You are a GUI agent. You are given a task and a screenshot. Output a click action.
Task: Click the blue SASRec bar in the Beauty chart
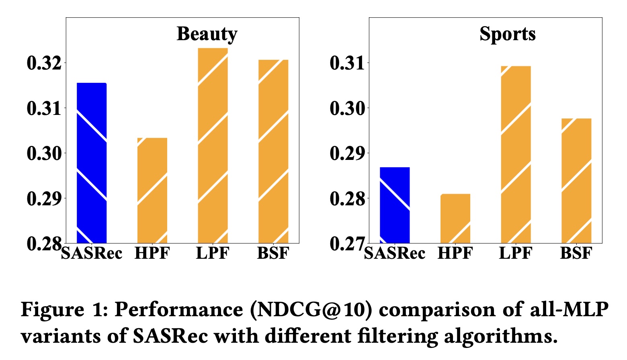coord(92,163)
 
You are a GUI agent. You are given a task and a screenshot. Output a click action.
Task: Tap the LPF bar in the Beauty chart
coord(213,145)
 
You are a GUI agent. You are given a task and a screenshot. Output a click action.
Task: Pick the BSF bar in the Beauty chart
coord(273,151)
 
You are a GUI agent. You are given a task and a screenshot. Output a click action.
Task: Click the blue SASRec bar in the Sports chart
coord(395,205)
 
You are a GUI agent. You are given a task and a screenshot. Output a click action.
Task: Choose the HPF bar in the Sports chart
coord(455,218)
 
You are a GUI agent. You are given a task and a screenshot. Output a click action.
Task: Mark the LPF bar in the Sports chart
coord(516,154)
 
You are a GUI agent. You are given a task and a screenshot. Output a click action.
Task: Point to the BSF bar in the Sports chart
coord(576,180)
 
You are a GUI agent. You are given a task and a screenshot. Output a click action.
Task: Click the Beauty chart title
coord(207,34)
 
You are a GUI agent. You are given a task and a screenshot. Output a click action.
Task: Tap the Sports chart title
coord(508,34)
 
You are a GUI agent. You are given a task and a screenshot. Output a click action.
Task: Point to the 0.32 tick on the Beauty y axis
coord(44,63)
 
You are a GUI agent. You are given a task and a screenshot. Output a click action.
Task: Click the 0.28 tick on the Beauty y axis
coord(44,243)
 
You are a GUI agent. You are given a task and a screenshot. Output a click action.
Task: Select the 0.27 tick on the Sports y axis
coord(347,243)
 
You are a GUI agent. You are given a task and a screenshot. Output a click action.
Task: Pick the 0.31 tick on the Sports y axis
coord(347,63)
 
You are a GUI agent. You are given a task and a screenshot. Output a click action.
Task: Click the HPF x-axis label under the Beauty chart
coord(152,253)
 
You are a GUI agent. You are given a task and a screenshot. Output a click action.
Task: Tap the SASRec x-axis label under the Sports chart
coord(395,253)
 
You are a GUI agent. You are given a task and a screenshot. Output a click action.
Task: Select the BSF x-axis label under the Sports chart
coord(576,253)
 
